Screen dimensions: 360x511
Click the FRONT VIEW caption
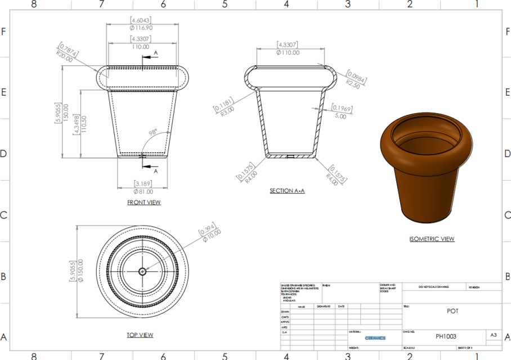(x=144, y=202)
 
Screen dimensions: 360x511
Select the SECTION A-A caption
(x=287, y=191)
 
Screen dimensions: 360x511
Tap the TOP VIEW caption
(x=140, y=335)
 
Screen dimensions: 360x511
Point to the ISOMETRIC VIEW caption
(x=432, y=239)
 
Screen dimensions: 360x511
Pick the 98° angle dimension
(x=152, y=132)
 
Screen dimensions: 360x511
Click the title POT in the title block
(x=452, y=311)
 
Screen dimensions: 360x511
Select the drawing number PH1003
(x=446, y=336)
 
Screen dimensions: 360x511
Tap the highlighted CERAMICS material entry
(x=375, y=338)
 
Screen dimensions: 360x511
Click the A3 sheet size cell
(x=494, y=335)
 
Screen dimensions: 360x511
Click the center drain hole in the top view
(x=142, y=271)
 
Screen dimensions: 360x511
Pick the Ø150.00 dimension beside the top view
(x=80, y=271)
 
